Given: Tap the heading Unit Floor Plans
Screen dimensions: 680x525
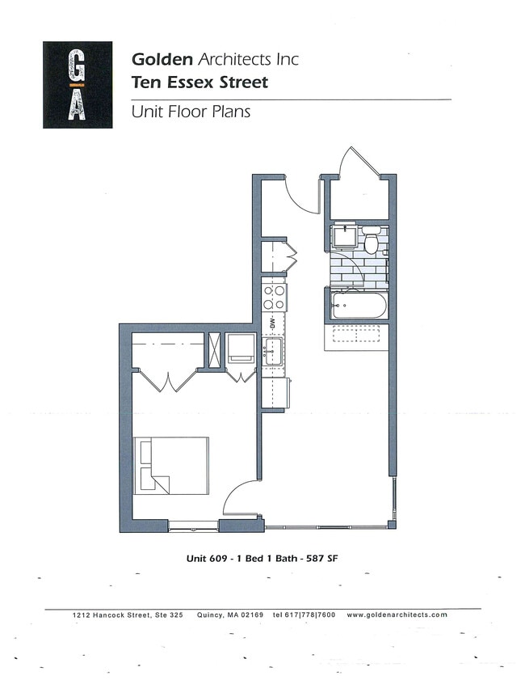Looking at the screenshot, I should click(191, 111).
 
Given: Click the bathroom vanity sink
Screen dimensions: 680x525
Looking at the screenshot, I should click(344, 237).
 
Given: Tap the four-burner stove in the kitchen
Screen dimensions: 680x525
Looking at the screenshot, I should click(274, 297).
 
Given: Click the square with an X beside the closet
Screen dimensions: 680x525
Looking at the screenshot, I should click(214, 349).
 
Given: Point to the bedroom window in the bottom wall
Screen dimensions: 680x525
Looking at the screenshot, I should click(194, 527).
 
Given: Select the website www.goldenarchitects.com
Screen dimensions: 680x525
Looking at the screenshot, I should click(397, 615).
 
